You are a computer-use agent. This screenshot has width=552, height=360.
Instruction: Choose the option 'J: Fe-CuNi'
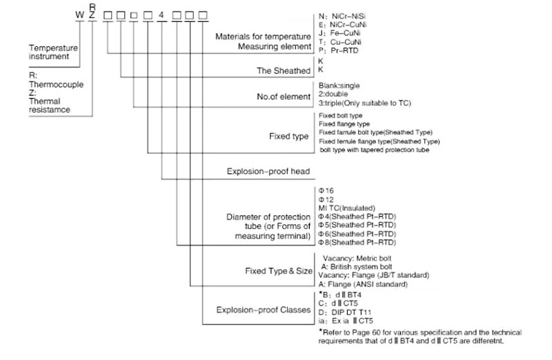pyautogui.click(x=341, y=32)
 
